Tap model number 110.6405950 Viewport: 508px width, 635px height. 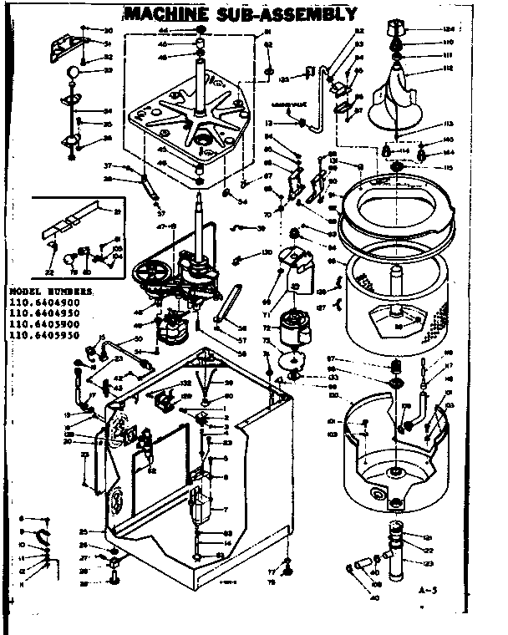[x=45, y=335]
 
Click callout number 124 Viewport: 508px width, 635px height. [x=448, y=30]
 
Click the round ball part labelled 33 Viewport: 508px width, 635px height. [x=74, y=73]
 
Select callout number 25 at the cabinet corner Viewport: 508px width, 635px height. [x=84, y=531]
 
